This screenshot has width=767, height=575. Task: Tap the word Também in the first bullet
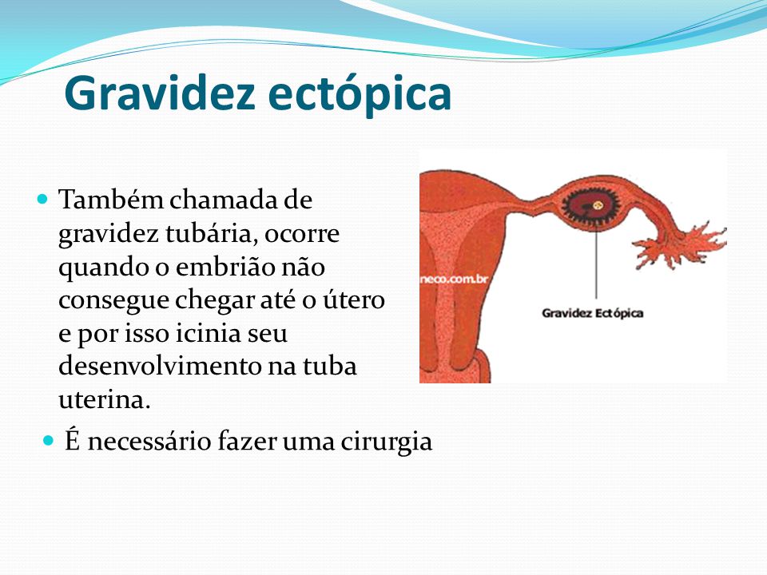[110, 200]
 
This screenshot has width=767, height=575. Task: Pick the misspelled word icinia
[209, 333]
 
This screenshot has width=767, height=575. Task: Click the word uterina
[104, 399]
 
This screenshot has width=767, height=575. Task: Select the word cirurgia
[387, 441]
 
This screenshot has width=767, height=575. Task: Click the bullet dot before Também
[43, 199]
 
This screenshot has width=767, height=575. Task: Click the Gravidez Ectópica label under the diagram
[592, 313]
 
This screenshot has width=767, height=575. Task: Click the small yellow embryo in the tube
[598, 206]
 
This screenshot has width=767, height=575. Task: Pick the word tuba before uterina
[330, 367]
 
